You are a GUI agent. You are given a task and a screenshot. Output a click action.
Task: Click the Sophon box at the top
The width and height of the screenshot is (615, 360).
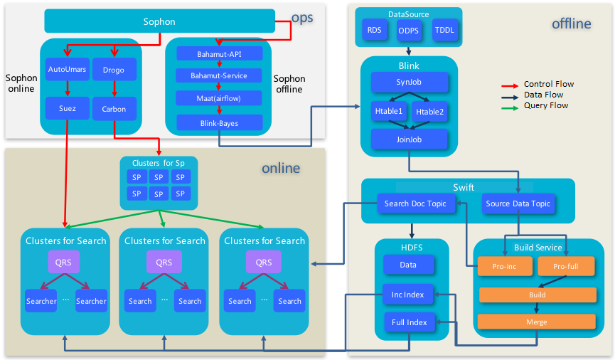[x=159, y=21]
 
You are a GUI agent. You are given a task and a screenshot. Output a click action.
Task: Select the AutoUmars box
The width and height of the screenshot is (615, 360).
[x=66, y=70]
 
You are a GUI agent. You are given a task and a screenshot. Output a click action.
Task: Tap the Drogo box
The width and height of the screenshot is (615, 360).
[x=114, y=70]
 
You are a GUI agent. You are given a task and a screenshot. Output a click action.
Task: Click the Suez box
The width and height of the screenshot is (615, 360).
[x=66, y=109]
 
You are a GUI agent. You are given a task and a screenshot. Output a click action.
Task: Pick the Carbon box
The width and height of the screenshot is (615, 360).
[x=114, y=109]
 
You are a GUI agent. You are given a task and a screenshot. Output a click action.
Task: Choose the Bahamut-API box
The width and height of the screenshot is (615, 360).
[x=219, y=53]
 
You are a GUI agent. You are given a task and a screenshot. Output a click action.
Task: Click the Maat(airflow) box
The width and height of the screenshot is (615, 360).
[x=219, y=97]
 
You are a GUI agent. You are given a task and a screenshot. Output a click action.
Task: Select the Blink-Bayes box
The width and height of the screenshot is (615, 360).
[x=219, y=122]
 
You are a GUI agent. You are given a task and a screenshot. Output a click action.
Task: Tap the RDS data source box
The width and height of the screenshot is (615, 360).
[x=374, y=31]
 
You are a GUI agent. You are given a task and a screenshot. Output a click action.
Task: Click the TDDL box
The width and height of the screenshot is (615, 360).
[x=444, y=31]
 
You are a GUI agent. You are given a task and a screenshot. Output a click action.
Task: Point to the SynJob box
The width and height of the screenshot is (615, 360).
[x=409, y=82]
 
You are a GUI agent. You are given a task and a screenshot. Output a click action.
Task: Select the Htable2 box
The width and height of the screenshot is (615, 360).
[x=429, y=111]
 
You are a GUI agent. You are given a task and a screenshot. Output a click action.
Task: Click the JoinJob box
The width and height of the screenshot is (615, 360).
[x=409, y=139]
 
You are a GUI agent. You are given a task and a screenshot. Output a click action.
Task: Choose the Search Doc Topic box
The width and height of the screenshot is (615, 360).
[x=415, y=203]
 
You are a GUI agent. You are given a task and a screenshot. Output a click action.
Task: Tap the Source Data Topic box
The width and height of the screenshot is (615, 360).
[x=518, y=203]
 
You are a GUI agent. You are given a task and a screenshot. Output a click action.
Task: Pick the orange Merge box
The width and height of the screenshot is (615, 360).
[x=537, y=322]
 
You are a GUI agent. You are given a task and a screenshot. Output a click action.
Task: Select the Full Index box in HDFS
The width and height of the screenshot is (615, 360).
[x=409, y=322]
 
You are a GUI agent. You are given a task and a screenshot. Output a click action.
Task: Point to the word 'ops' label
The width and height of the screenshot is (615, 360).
[x=301, y=18]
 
